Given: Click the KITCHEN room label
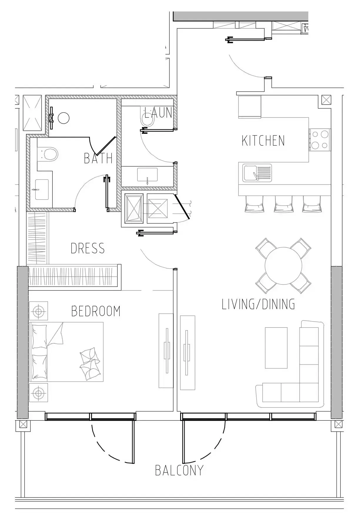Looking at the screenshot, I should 263,141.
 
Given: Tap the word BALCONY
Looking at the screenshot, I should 179,470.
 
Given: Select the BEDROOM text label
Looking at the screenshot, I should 96,311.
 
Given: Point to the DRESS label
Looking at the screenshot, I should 88,249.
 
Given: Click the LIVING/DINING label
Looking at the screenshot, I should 258,304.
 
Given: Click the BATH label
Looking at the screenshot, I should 98,159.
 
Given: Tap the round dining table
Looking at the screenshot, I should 283,266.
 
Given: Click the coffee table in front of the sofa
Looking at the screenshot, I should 276,348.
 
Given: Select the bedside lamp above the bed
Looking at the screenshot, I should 38,311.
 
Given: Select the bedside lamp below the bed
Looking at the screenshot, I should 38,393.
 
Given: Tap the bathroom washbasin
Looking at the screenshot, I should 42,190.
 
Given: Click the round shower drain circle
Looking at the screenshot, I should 63,118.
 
